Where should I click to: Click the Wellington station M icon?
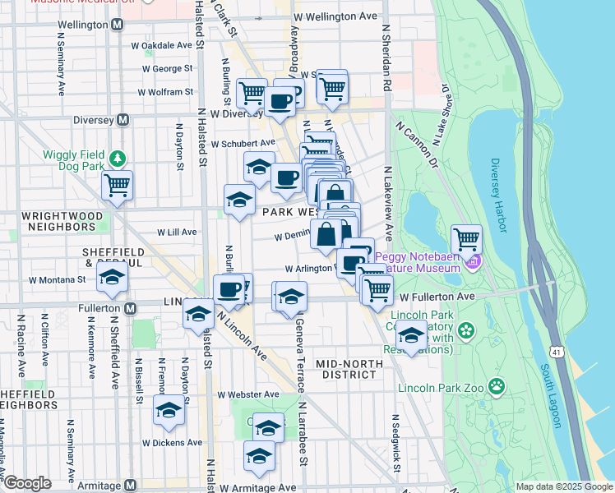pos(118,25)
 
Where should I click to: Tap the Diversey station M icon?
pos(123,119)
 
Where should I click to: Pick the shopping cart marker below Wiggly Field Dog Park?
pos(118,185)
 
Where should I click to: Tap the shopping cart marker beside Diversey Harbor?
pos(466,239)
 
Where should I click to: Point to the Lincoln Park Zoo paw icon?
pos(496,385)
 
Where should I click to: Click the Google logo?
pos(27,483)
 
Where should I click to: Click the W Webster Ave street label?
pos(248,394)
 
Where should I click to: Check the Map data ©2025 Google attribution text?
pos(563,486)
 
